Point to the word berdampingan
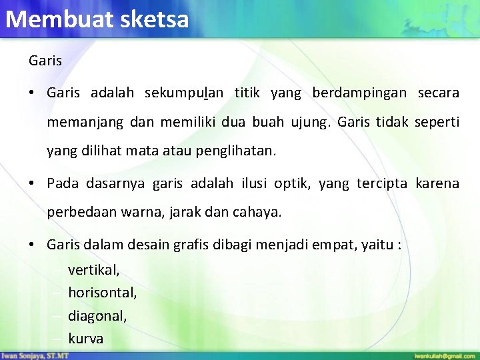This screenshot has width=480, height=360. pyautogui.click(x=359, y=93)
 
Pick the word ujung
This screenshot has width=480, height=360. pyautogui.click(x=313, y=123)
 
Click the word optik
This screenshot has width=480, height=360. pyautogui.click(x=292, y=183)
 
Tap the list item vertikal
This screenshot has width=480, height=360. pyautogui.click(x=94, y=270)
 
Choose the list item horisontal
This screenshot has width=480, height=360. pyautogui.click(x=103, y=293)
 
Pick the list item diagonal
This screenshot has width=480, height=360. pyautogui.click(x=97, y=316)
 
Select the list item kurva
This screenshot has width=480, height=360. pyautogui.click(x=86, y=339)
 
